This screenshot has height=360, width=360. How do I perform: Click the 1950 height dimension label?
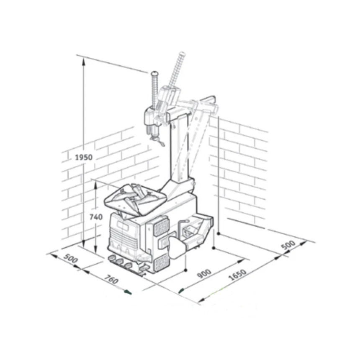point(84,157)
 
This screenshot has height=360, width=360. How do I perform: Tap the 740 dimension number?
point(96,217)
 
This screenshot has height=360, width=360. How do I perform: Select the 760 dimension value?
point(112,279)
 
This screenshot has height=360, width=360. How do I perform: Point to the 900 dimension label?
point(204,273)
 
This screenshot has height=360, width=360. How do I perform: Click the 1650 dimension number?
point(238,275)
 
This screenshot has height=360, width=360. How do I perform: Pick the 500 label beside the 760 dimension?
point(71,259)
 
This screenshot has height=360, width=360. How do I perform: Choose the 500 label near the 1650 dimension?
point(288,245)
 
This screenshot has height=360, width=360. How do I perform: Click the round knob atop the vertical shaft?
point(154,74)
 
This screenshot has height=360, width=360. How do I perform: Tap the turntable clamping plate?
point(135,199)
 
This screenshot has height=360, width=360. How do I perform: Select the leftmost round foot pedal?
point(112,258)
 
